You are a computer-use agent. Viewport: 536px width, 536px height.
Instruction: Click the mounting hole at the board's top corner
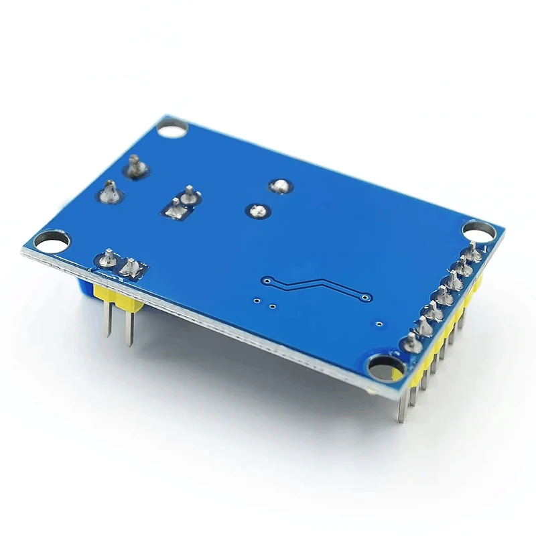tap(173, 127)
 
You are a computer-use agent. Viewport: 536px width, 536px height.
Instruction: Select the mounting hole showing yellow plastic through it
tap(386, 368)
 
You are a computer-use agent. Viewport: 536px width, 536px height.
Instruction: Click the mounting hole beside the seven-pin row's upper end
tap(479, 230)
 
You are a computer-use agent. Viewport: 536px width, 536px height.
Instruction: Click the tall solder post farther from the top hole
tap(110, 193)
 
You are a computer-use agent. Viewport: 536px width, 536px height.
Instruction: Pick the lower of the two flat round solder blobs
tap(255, 211)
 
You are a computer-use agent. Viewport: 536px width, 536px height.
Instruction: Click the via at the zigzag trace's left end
tap(267, 279)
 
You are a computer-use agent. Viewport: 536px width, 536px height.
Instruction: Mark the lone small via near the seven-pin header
tap(379, 324)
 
